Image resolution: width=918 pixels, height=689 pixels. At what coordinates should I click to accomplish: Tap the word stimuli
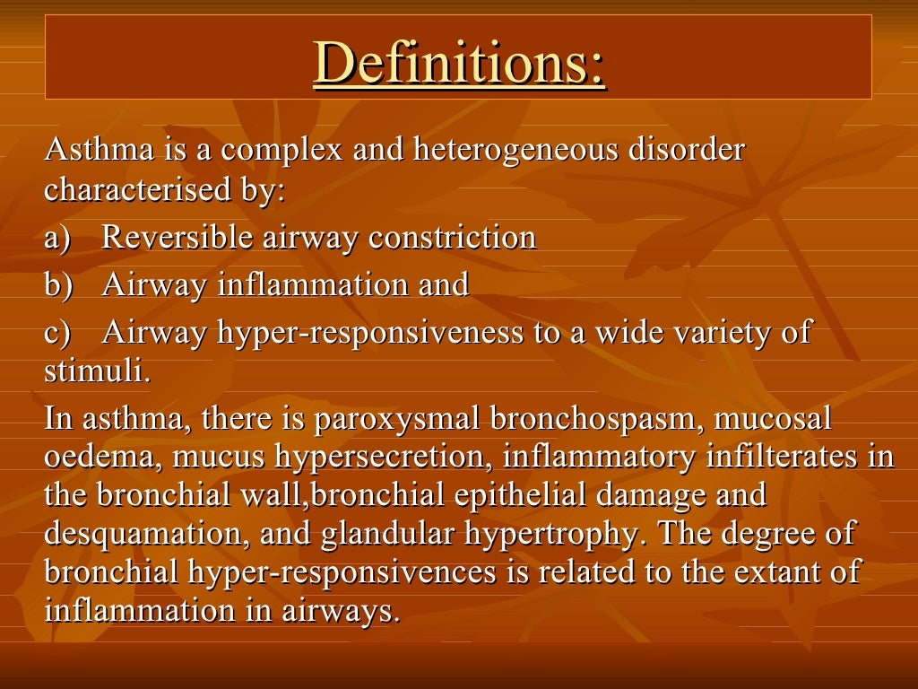(97, 371)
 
